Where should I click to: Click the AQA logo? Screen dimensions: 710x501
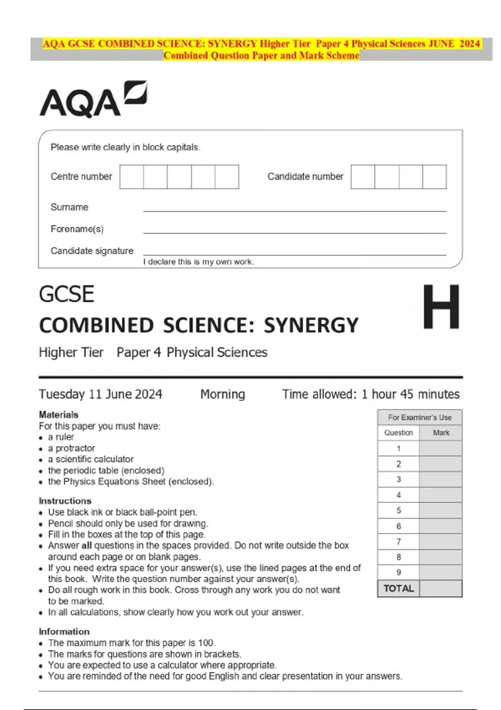click(x=93, y=99)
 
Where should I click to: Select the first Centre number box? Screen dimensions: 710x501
click(x=132, y=177)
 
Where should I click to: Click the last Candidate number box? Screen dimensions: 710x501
click(x=434, y=177)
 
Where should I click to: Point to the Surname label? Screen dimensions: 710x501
click(x=69, y=207)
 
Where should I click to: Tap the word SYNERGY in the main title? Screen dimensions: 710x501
click(x=311, y=325)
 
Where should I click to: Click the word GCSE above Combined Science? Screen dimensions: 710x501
click(x=66, y=294)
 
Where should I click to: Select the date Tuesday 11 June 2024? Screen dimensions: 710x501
click(x=100, y=394)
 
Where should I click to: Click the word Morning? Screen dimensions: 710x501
click(x=223, y=394)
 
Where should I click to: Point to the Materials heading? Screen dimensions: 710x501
click(x=58, y=415)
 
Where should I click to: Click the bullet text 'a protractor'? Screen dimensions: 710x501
click(x=71, y=448)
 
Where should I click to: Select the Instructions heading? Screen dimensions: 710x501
click(x=65, y=501)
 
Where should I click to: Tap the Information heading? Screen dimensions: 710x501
click(x=64, y=631)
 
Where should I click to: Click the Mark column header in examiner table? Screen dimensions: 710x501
click(x=441, y=433)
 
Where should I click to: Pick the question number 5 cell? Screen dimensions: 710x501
click(x=398, y=510)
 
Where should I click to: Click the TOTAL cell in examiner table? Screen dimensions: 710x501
click(x=398, y=588)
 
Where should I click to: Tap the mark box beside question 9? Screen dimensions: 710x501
click(x=441, y=572)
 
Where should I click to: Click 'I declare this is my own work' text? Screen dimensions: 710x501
click(x=198, y=262)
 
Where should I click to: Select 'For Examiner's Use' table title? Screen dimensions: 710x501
click(x=420, y=417)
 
